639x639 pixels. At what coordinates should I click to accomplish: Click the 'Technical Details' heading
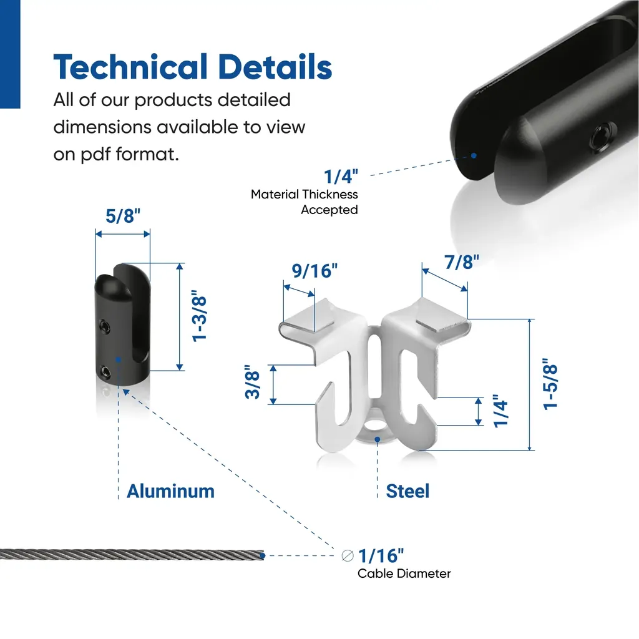click(x=193, y=67)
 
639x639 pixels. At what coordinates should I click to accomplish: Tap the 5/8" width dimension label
click(x=123, y=215)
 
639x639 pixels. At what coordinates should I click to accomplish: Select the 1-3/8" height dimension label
click(x=199, y=316)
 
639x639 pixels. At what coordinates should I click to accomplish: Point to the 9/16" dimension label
click(x=315, y=271)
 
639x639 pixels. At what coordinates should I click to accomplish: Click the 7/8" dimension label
click(x=462, y=262)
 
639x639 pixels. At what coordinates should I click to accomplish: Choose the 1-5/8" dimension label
click(x=550, y=384)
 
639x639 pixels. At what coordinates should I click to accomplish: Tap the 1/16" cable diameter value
click(x=381, y=555)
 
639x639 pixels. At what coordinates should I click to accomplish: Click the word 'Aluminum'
click(x=170, y=491)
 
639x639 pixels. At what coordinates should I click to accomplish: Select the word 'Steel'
click(x=407, y=491)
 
